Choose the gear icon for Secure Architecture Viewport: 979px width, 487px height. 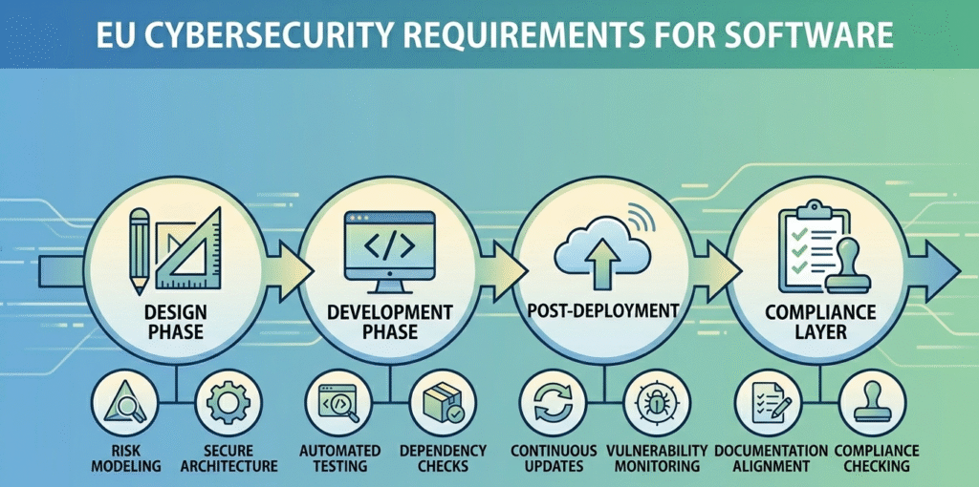(x=227, y=404)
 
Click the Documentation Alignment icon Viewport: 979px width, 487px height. (x=769, y=404)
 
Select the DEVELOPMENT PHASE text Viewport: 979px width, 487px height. (x=390, y=322)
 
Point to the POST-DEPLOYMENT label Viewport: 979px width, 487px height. (x=602, y=311)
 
